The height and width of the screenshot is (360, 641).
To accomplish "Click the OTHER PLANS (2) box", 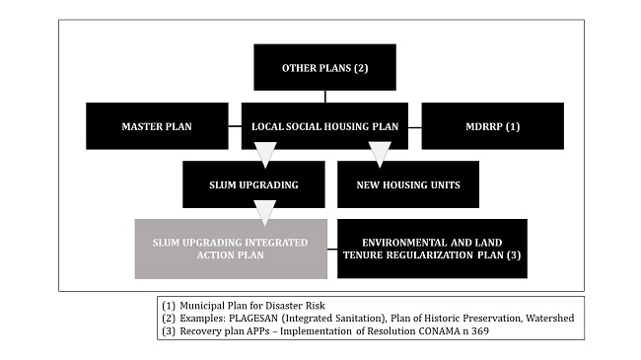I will coord(324,68).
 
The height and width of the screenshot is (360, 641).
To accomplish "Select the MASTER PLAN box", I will coord(156,126).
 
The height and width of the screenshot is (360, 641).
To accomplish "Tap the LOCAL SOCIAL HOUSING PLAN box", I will coord(324,126).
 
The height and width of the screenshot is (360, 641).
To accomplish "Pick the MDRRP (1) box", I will coord(492,126).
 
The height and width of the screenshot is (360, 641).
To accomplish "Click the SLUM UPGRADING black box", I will coord(253,184).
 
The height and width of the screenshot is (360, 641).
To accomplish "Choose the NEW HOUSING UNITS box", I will coord(407,184).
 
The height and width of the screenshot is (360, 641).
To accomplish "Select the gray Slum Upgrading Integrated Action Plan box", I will coord(230,248).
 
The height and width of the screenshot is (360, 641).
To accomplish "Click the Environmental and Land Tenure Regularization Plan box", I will coord(432,248).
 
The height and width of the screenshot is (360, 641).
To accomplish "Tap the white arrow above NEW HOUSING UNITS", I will coord(380,153).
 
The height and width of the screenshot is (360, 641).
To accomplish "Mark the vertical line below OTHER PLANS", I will coord(325,97).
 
